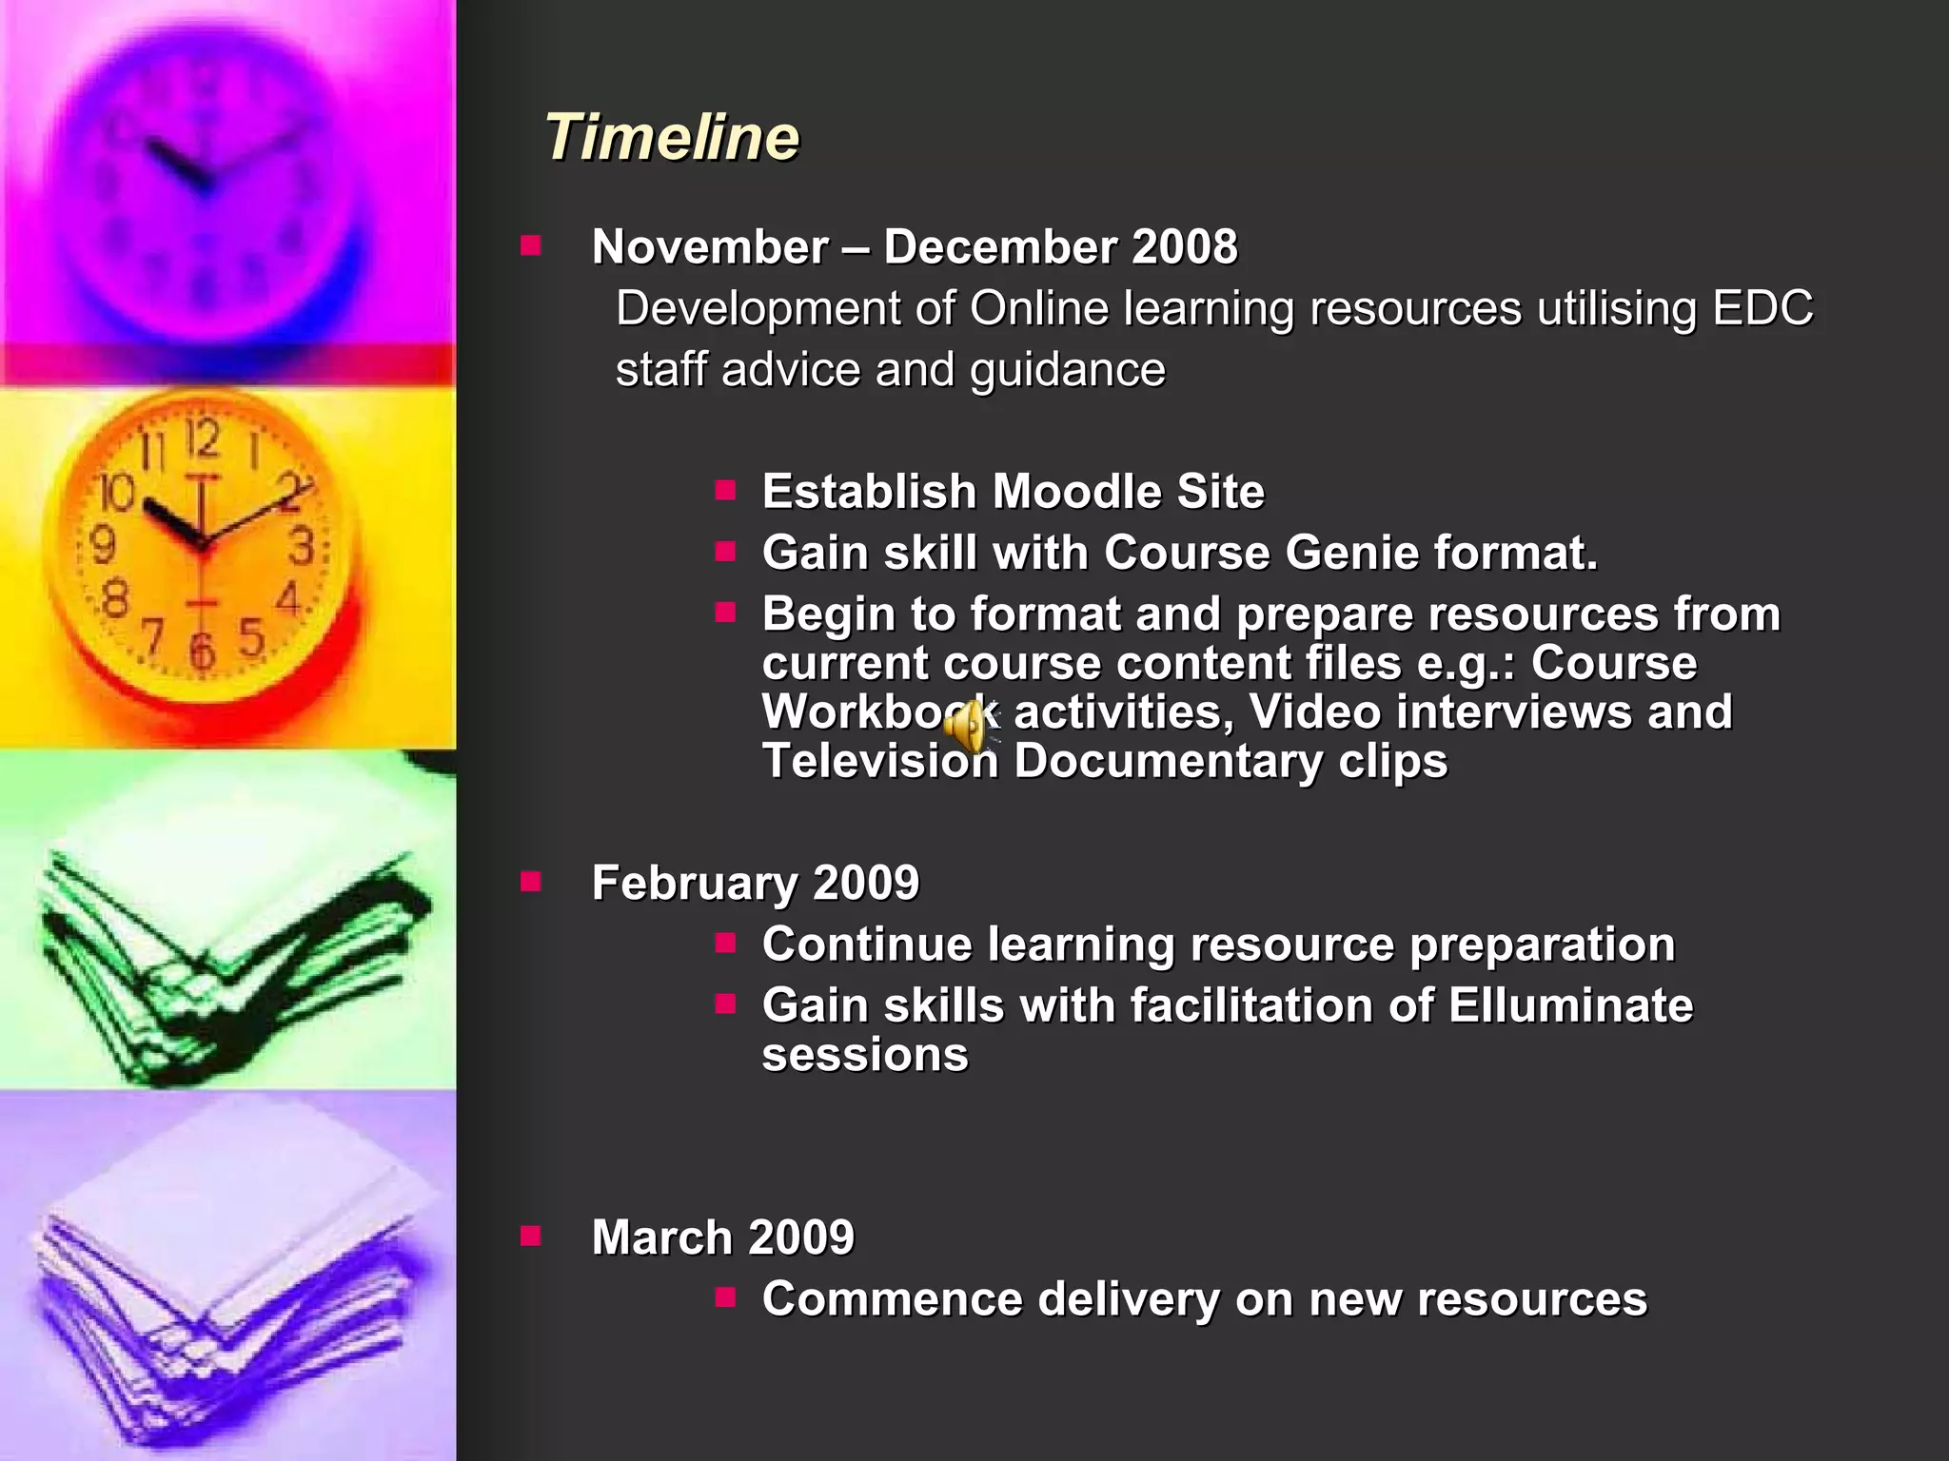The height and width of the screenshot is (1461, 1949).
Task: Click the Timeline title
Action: [x=672, y=137]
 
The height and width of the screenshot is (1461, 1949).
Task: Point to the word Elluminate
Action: [x=1570, y=1005]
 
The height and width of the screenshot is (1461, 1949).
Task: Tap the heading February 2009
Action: [x=755, y=883]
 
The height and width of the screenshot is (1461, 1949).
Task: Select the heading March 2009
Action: [x=722, y=1237]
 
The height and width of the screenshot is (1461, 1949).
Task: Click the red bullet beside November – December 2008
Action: [x=530, y=247]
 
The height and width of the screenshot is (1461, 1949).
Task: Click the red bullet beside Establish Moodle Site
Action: [x=725, y=491]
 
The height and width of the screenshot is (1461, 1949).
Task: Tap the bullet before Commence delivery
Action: [x=725, y=1297]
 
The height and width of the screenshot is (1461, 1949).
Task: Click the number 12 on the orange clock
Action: [x=203, y=439]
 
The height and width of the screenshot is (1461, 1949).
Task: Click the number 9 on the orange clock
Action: [x=102, y=544]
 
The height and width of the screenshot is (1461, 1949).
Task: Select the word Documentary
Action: [x=1168, y=761]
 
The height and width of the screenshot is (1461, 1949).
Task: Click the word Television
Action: [x=879, y=761]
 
